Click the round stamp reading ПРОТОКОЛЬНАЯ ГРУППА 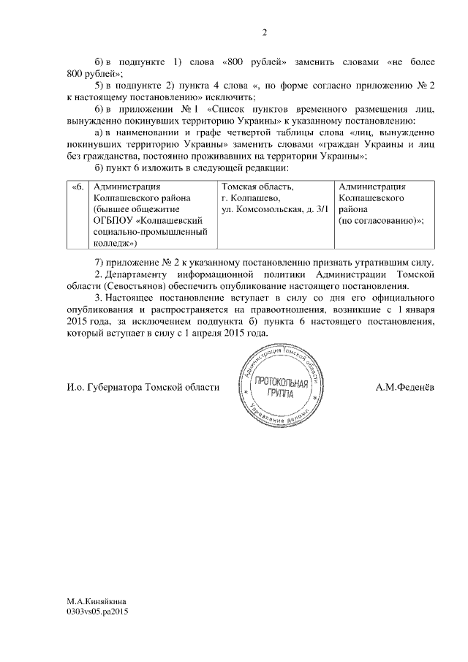(x=276, y=386)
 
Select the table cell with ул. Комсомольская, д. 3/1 (x=275, y=209)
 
